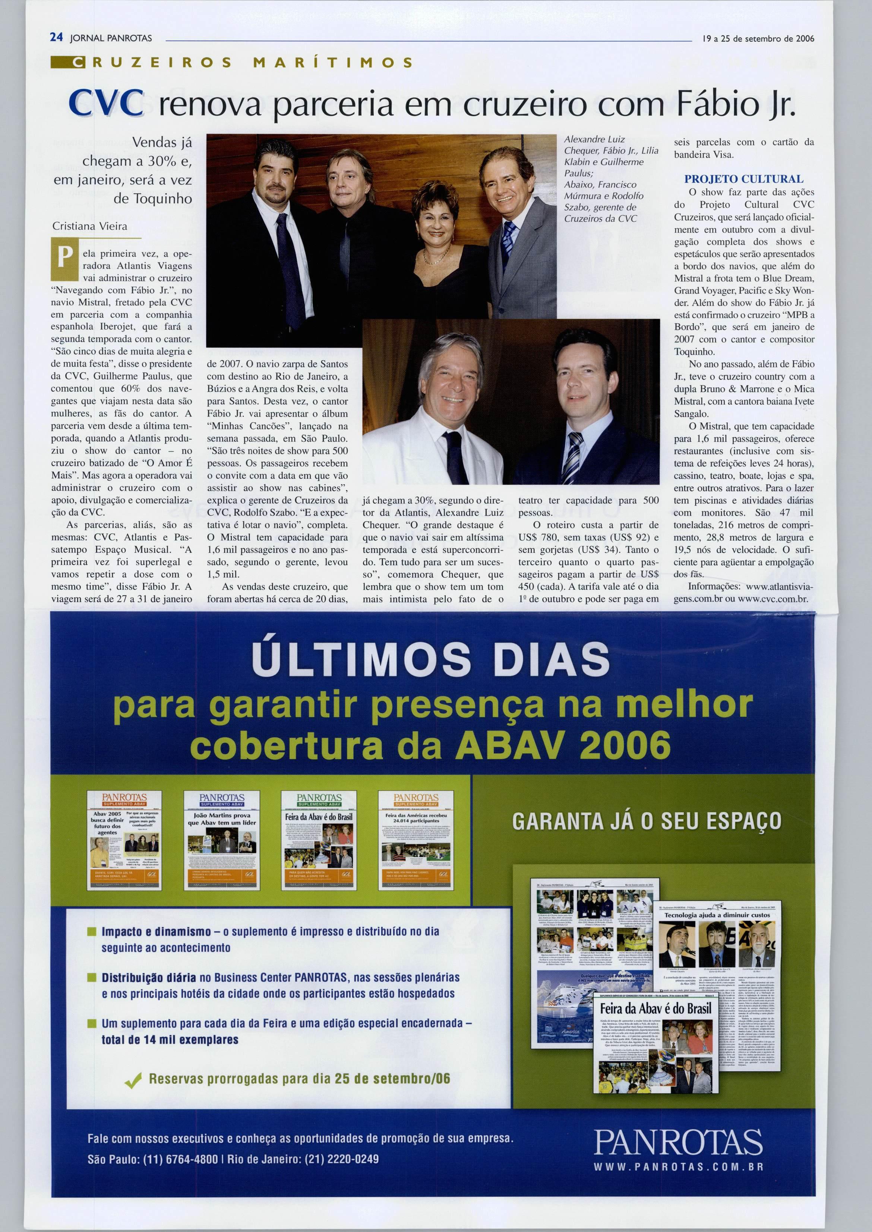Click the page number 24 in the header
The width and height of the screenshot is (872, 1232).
coord(56,38)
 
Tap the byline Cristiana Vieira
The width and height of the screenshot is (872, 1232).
coord(90,226)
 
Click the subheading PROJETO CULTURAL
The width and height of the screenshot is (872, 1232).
coord(744,179)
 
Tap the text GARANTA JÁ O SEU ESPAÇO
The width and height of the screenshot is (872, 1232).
coord(647,821)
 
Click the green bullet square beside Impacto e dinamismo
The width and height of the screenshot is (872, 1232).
coord(92,931)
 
